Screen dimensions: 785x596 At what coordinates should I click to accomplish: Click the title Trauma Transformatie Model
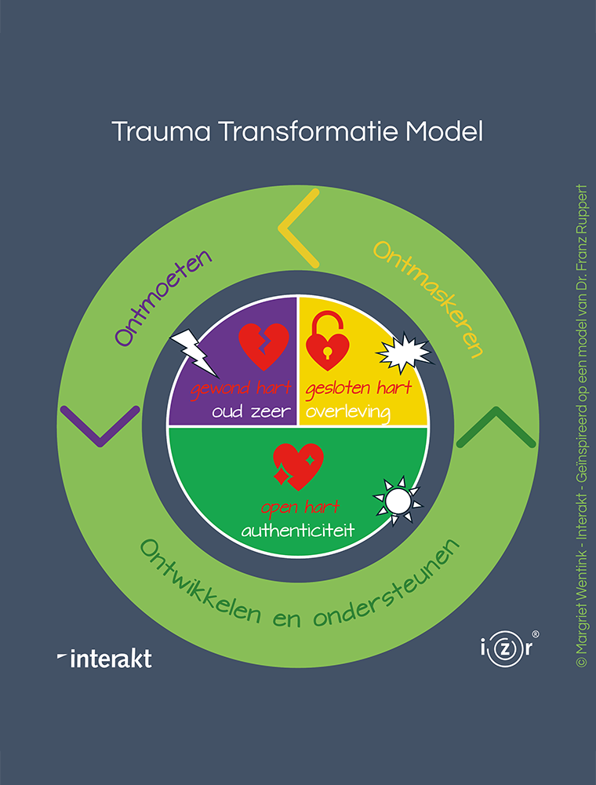tap(297, 131)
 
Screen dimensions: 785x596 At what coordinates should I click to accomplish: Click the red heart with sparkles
tap(297, 462)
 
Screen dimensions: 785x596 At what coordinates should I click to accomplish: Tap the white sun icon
tap(398, 498)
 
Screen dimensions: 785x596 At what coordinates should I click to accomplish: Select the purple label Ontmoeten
tap(164, 298)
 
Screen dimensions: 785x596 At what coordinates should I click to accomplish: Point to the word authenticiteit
tap(297, 531)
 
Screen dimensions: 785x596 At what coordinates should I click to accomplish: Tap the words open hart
tap(297, 508)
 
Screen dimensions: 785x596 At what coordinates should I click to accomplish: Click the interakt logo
tap(105, 658)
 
